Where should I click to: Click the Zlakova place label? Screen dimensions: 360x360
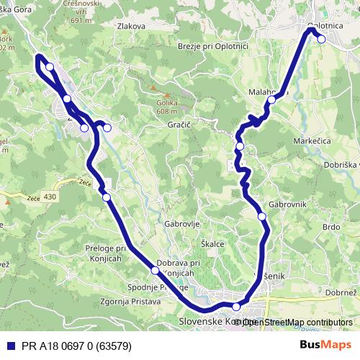click(131, 26)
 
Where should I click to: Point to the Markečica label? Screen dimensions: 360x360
click(312, 142)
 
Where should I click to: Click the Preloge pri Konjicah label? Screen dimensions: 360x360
click(105, 253)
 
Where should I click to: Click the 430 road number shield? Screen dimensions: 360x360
click(49, 196)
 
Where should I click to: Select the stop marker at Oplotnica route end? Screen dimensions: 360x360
click(321, 40)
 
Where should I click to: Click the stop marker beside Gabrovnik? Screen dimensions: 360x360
click(262, 216)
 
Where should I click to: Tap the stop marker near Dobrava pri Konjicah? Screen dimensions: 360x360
click(155, 271)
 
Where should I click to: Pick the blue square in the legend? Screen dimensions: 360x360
click(7, 344)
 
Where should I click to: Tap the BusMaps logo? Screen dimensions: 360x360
click(326, 344)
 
